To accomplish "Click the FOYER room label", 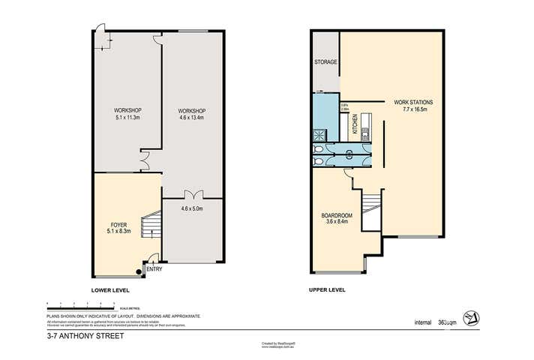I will [x=118, y=223].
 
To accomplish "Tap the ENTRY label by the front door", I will [x=154, y=269].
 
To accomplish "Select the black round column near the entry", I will [x=139, y=272].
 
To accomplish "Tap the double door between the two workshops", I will [x=144, y=159].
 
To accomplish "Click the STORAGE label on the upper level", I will [x=325, y=62].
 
